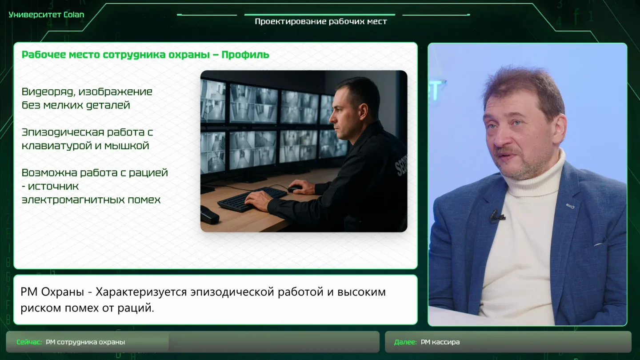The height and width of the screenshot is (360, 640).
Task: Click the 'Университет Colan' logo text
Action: pos(46,15)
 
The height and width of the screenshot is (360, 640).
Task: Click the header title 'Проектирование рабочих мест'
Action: pos(321,21)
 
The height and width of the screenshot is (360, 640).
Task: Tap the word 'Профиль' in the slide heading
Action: pos(245,54)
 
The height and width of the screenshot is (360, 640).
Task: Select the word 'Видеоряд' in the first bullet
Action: pos(48,92)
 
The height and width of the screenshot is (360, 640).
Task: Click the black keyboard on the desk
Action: pos(252,199)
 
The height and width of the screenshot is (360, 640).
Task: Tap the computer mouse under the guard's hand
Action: pos(295,188)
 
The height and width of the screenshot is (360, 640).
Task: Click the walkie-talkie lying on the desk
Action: pos(209,215)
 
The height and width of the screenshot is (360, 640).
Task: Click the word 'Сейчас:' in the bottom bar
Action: pos(29,342)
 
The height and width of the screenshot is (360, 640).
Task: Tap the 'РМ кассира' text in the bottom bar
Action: pos(440,342)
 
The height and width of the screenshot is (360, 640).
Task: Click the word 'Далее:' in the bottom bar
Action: pos(405,342)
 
